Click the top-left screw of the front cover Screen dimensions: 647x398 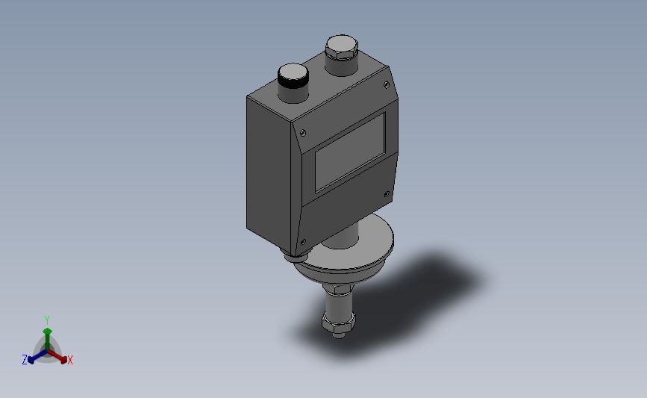302,132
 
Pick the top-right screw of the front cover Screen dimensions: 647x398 387,85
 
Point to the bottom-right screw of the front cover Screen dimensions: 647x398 387,194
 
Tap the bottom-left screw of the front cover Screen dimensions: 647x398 303,242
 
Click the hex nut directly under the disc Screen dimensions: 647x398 338,288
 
